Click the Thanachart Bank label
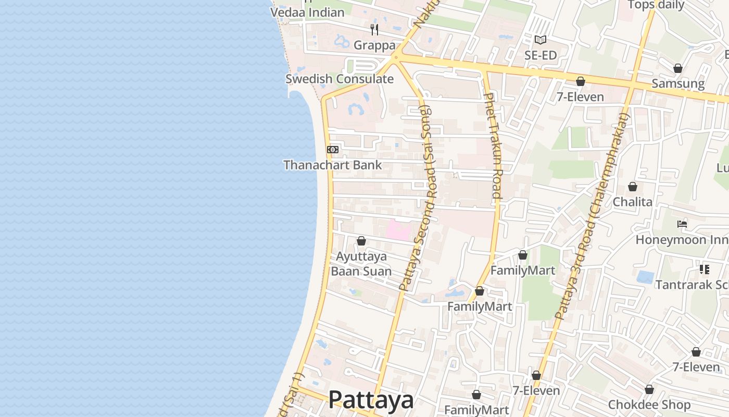(x=332, y=165)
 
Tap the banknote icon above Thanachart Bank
(x=332, y=150)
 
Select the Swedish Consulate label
(x=339, y=79)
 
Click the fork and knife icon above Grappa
(x=374, y=29)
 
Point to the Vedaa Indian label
(x=307, y=12)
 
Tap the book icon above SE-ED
(x=541, y=40)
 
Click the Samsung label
(x=678, y=84)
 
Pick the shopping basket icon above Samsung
(x=678, y=68)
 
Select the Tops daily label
(x=656, y=5)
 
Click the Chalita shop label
(x=632, y=202)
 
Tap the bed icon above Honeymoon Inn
(x=682, y=224)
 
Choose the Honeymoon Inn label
(x=682, y=240)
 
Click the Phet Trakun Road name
(x=493, y=146)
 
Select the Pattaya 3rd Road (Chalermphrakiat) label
(x=593, y=216)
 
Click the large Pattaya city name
(x=371, y=400)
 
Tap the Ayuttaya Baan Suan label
(x=361, y=264)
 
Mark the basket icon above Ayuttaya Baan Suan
(x=361, y=241)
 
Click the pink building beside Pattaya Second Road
(x=398, y=230)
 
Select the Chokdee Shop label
(x=649, y=405)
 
